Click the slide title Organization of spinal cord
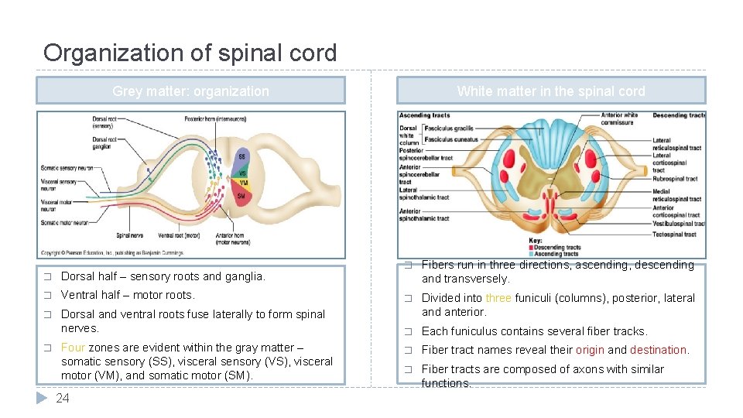coord(190,53)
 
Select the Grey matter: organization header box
coord(190,91)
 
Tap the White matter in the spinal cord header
coord(550,91)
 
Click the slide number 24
coord(63,398)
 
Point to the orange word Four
coord(73,348)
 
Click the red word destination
coord(658,350)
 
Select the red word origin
coord(589,350)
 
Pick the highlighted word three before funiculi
coord(498,298)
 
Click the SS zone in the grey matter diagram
coord(241,157)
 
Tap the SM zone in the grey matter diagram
coord(241,196)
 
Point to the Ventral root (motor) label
coord(178,235)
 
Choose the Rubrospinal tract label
coord(674,179)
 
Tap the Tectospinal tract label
coord(673,234)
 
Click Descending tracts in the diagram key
coord(556,248)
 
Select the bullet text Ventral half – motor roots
coord(128,295)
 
